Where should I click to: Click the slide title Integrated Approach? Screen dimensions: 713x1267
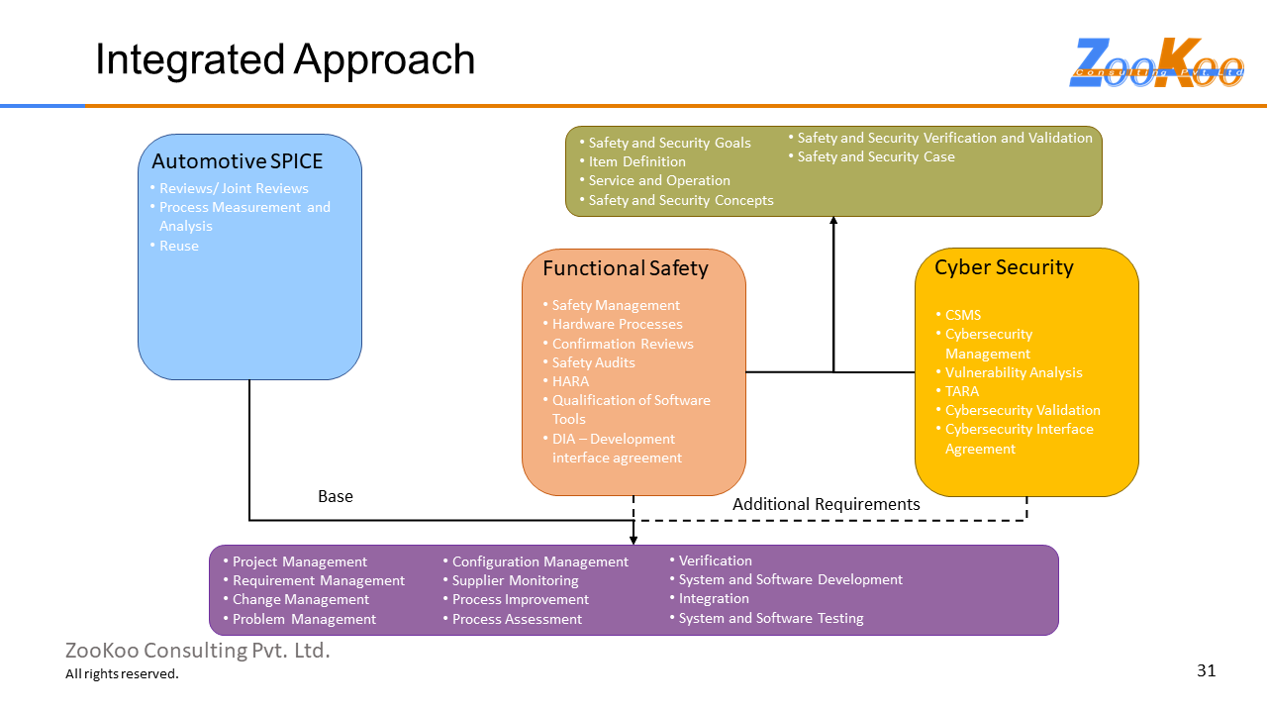285,59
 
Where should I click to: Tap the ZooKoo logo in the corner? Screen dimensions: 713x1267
1156,63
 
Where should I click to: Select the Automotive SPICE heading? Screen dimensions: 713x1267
237,160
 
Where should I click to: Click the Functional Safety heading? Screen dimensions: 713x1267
625,268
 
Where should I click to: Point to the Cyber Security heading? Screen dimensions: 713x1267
1004,267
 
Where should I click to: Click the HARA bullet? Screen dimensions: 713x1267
570,381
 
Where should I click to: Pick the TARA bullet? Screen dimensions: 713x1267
961,391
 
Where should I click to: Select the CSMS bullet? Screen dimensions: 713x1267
962,315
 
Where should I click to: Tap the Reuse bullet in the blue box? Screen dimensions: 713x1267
178,246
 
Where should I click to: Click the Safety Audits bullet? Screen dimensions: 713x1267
593,362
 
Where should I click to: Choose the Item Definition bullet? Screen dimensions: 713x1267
636,161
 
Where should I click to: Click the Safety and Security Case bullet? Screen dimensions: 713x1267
876,156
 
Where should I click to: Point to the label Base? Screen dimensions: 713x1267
335,496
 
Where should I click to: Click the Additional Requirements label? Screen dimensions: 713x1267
826,504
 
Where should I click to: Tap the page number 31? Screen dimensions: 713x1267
1206,670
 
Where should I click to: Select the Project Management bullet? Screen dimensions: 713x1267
299,561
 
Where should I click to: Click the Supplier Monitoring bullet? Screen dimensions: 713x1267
515,580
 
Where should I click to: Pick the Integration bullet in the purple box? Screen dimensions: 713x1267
714,598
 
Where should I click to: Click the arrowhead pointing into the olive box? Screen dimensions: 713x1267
833,222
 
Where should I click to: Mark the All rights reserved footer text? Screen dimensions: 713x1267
122,674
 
